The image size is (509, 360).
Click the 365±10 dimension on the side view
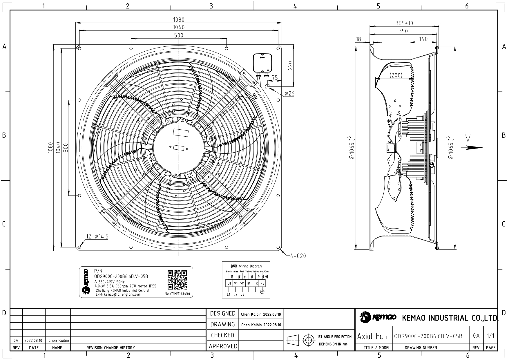point(404,23)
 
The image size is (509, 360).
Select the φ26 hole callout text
point(289,93)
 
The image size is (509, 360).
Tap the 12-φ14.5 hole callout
point(97,237)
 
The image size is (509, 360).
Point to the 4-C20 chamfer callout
point(298,256)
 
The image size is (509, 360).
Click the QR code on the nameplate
point(177,280)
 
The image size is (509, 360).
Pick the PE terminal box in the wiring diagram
point(262,283)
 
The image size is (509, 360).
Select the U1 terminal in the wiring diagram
point(229,283)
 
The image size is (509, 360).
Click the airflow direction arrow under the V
point(474,147)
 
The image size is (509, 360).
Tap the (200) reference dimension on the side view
point(396,75)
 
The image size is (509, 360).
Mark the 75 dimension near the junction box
point(275,78)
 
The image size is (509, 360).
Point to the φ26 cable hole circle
point(268,86)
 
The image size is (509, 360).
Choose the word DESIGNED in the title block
point(222,314)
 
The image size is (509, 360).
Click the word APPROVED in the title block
point(223,346)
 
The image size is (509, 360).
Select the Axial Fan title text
point(372,337)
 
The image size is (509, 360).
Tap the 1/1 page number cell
point(490,336)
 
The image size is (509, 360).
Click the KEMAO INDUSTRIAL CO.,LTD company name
point(449,318)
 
